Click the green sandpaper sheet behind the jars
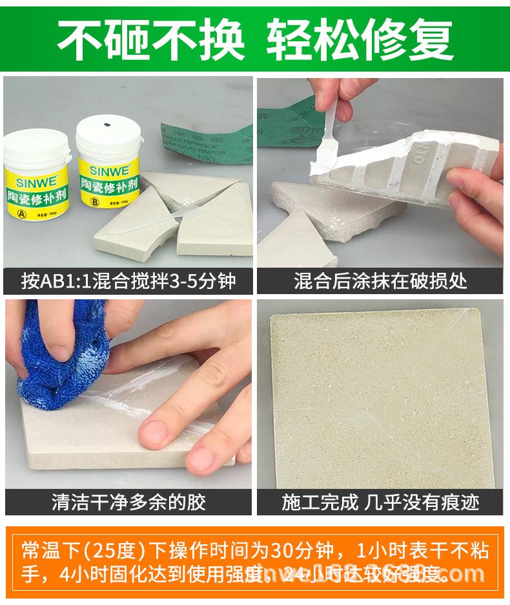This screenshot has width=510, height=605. click(x=200, y=139)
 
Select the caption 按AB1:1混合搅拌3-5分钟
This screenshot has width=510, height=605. click(x=128, y=281)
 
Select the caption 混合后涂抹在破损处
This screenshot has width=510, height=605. click(x=380, y=281)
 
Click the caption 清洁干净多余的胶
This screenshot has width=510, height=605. click(x=128, y=502)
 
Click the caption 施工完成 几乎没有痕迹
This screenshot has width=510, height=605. click(x=380, y=502)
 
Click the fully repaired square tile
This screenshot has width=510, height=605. click(x=381, y=400)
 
